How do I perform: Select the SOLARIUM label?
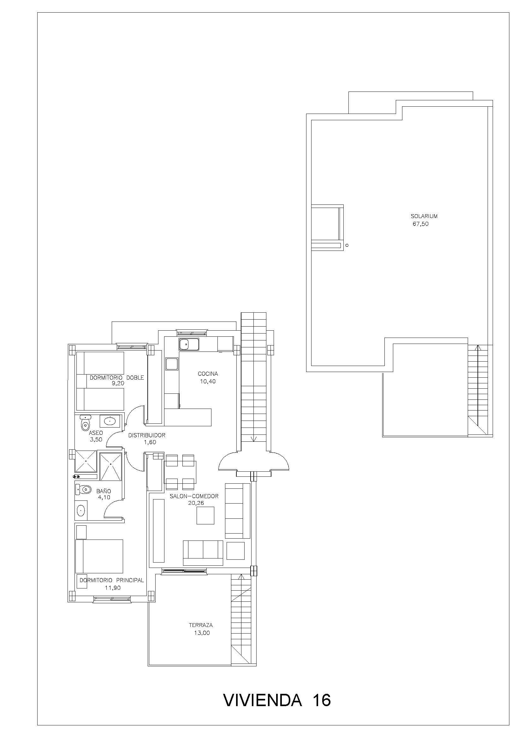pyautogui.click(x=424, y=216)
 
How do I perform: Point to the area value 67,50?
pyautogui.click(x=421, y=224)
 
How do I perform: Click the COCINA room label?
pyautogui.click(x=208, y=374)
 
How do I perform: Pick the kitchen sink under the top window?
pyautogui.click(x=189, y=345)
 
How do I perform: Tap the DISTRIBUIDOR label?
pyautogui.click(x=147, y=435)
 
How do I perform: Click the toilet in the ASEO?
pyautogui.click(x=85, y=423)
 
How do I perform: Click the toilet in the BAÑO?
pyautogui.click(x=83, y=490)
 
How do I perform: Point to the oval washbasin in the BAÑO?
pyautogui.click(x=81, y=510)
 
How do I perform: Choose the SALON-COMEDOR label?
pyautogui.click(x=194, y=496)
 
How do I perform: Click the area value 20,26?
pyautogui.click(x=196, y=503)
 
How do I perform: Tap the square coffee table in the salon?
pyautogui.click(x=205, y=516)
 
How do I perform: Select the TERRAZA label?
pyautogui.click(x=201, y=625)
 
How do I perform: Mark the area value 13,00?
pyautogui.click(x=202, y=633)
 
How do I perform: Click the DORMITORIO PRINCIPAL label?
pyautogui.click(x=112, y=580)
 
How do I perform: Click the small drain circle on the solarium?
pyautogui.click(x=347, y=245)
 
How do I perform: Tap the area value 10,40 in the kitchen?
pyautogui.click(x=208, y=381)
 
